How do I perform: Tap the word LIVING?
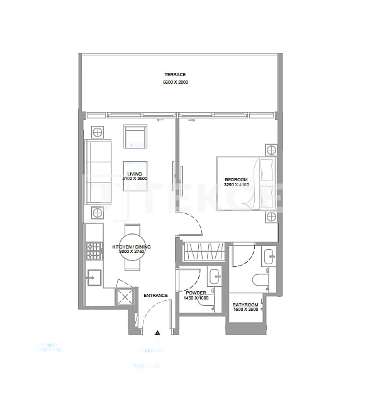coord(134,173)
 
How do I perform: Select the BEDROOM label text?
coord(237,180)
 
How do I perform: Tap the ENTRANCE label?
coord(155,295)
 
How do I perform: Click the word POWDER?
coord(195,293)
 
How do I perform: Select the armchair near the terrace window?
coord(135,137)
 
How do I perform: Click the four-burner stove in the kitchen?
coord(94,252)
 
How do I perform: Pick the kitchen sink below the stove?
coord(94,277)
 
